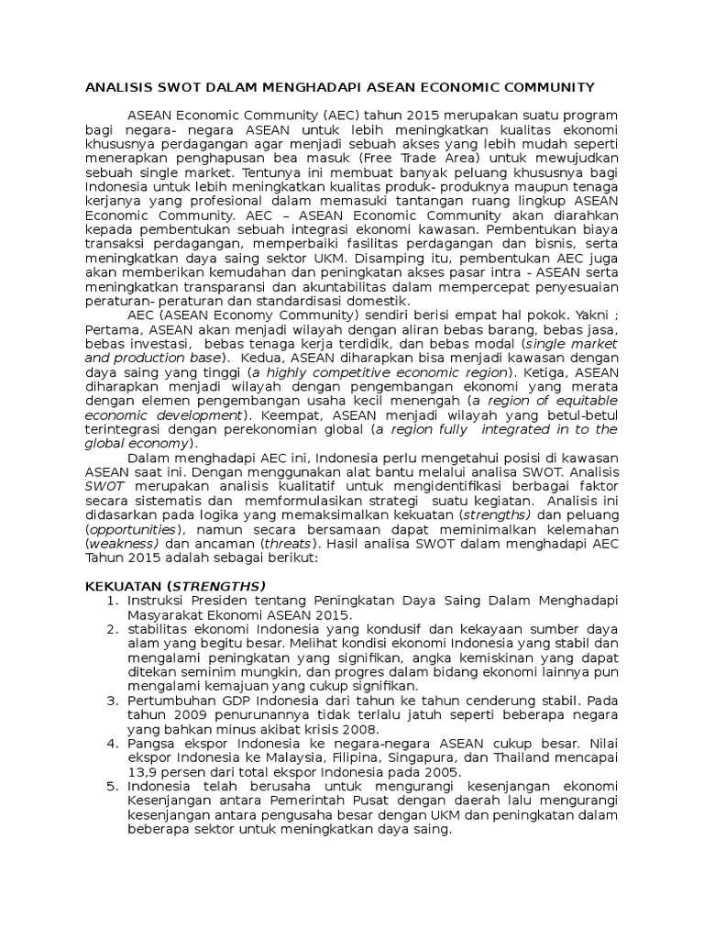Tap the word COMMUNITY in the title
(544, 87)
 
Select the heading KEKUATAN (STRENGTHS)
(174, 586)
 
